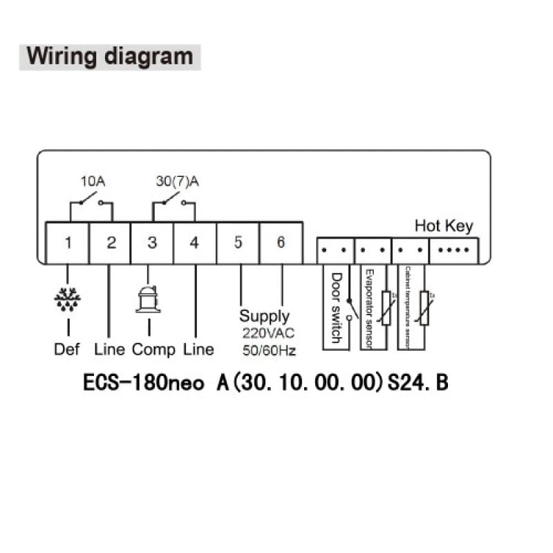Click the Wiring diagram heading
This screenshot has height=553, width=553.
pyautogui.click(x=109, y=55)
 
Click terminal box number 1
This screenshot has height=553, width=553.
pyautogui.click(x=68, y=243)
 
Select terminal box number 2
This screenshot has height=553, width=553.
pyautogui.click(x=111, y=243)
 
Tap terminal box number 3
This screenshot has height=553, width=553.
pyautogui.click(x=153, y=243)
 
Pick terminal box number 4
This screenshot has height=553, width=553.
pyautogui.click(x=195, y=243)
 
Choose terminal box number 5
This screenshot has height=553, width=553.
pyautogui.click(x=238, y=243)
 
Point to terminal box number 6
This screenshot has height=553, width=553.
pyautogui.click(x=281, y=243)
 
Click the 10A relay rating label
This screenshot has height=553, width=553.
pyautogui.click(x=93, y=182)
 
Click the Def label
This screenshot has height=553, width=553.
pyautogui.click(x=67, y=349)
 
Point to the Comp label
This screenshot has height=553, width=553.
pyautogui.click(x=153, y=349)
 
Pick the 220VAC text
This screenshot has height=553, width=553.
pyautogui.click(x=268, y=334)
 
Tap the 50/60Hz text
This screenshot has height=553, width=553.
pyautogui.click(x=268, y=350)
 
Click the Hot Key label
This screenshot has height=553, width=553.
pyautogui.click(x=444, y=226)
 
